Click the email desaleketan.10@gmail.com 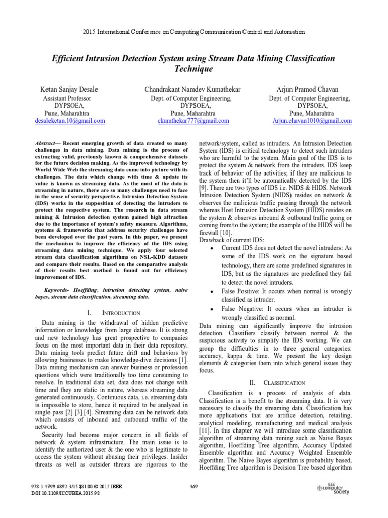pos(72,121)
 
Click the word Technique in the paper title pos(193,68)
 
